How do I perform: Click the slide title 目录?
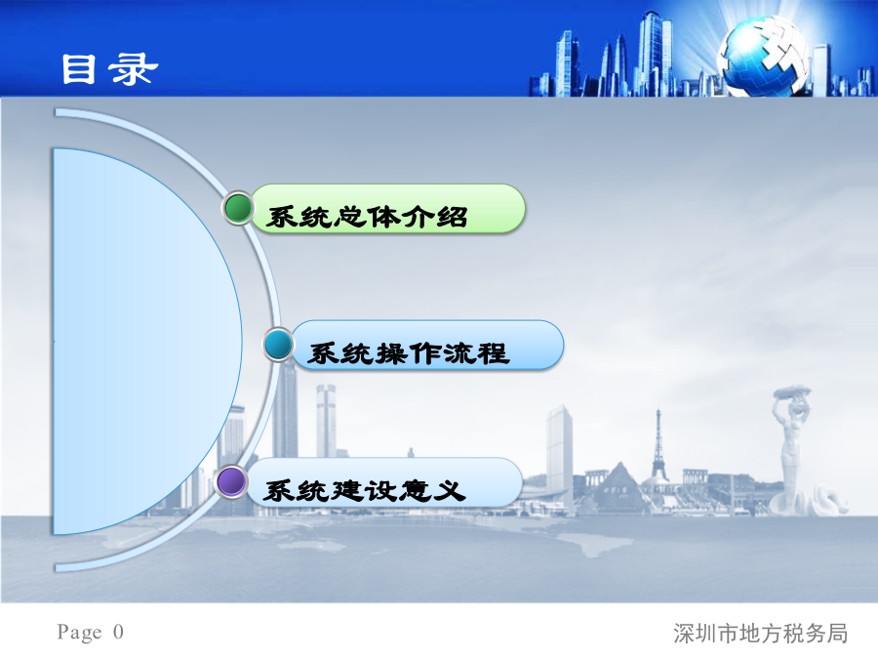pos(109,69)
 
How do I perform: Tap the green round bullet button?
pos(239,208)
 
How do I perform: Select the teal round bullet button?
pos(278,344)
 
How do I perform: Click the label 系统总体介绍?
pos(366,217)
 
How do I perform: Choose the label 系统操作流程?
pos(408,353)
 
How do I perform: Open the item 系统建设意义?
pos(365,491)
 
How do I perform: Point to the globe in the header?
pos(764,56)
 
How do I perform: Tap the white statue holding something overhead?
pos(790,448)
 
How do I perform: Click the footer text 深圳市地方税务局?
pos(760,634)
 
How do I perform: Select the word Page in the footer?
pos(80,632)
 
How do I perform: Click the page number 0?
pos(118,632)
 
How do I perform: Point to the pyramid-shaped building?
pos(619,483)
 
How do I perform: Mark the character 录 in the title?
pos(134,69)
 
